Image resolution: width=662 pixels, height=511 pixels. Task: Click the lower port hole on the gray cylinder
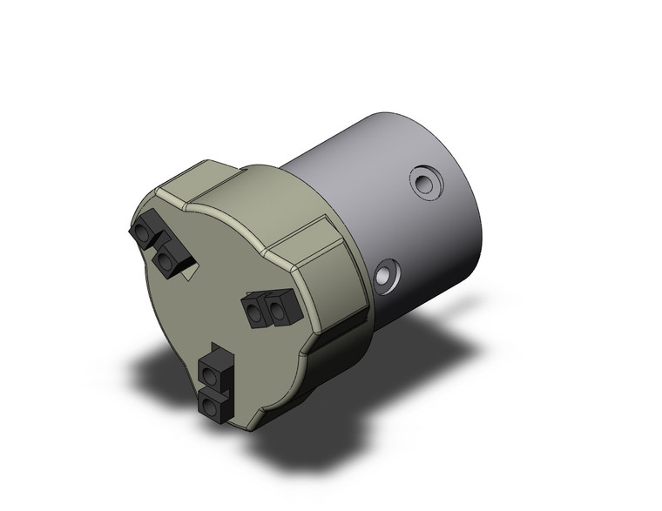click(x=384, y=278)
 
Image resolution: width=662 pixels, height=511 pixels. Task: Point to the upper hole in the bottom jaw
click(x=212, y=375)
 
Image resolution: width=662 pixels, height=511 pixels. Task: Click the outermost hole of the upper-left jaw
click(x=142, y=233)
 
